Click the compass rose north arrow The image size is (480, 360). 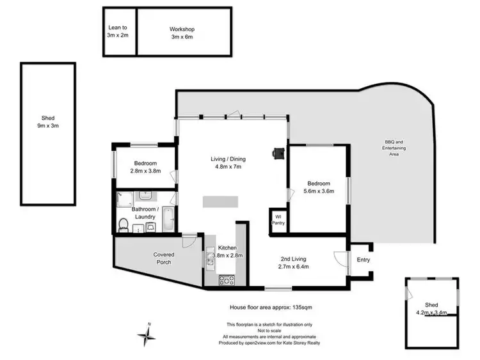coord(147,334)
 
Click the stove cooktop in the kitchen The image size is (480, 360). coord(227,279)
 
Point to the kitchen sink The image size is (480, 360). coord(212,258)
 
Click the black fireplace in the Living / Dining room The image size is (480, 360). coord(278,153)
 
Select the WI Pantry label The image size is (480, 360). coord(278,220)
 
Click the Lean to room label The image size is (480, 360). coord(118,28)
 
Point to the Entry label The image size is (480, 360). coord(363,260)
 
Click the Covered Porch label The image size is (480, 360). coord(163,258)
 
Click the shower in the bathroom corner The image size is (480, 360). coord(124,198)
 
